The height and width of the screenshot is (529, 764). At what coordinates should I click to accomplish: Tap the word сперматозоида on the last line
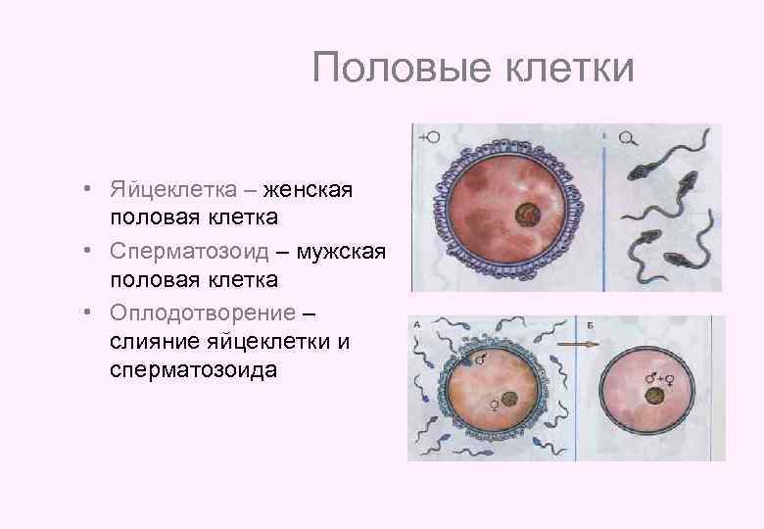point(194,370)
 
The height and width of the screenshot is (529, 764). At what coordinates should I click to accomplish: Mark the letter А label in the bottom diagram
point(418,324)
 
